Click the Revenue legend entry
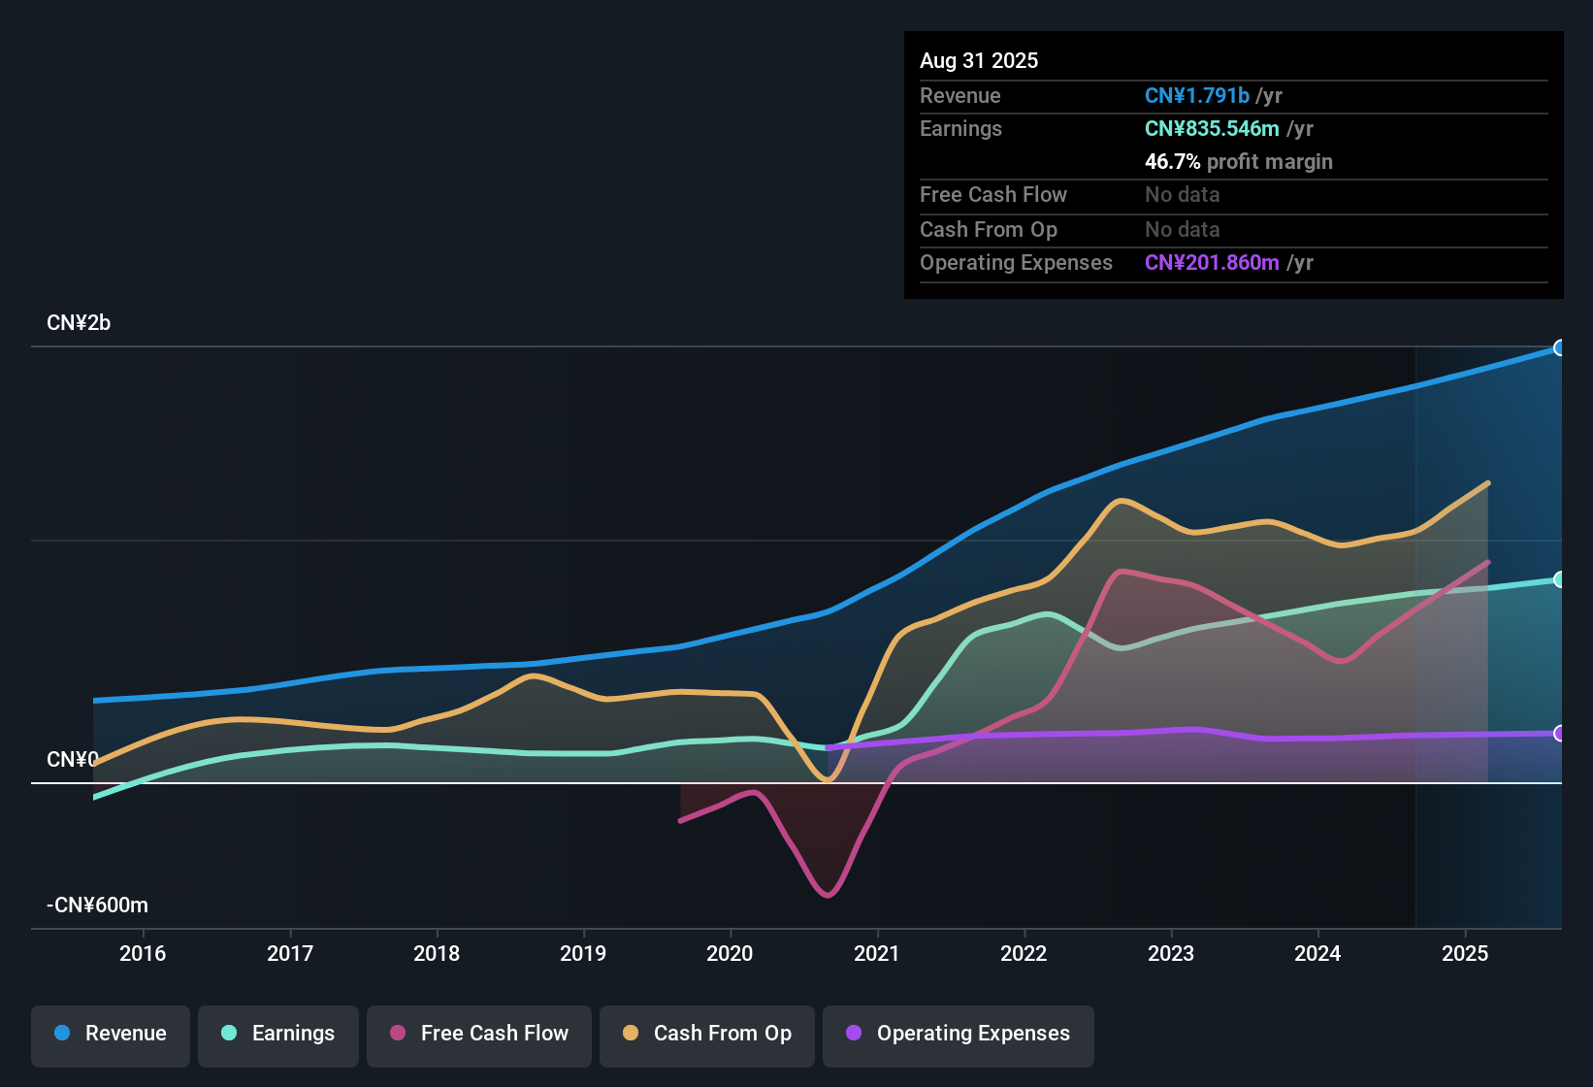tap(111, 1034)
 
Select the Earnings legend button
tap(278, 1034)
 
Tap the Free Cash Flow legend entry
tap(479, 1034)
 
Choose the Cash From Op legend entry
tap(707, 1034)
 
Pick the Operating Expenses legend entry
tap(959, 1034)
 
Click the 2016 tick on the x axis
tap(143, 954)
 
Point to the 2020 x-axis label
tap(730, 954)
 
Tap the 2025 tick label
tap(1465, 954)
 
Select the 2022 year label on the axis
tap(1024, 954)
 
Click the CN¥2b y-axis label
tap(79, 323)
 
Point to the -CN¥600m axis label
tap(97, 906)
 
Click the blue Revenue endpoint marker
tap(1560, 347)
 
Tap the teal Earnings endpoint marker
tap(1560, 579)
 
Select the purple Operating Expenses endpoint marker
tap(1560, 733)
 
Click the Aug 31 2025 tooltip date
tap(979, 61)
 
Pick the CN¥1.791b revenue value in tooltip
tap(1196, 96)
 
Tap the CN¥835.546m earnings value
tap(1212, 129)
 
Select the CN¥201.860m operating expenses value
tap(1212, 263)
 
